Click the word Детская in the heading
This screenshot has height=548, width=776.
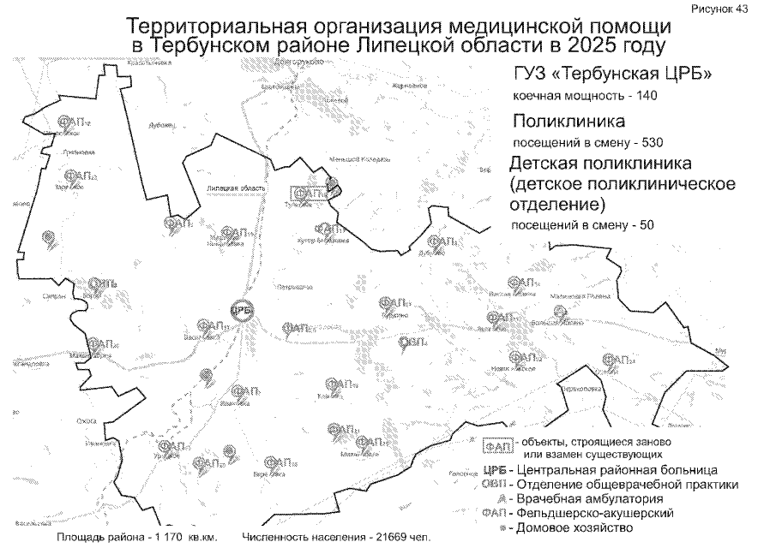[x=549, y=164]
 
